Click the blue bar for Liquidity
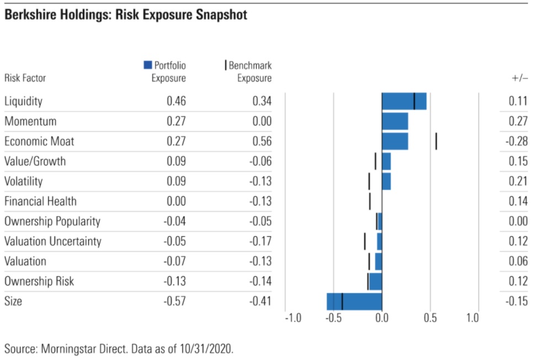[404, 101]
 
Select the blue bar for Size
[354, 301]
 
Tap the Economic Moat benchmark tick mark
[436, 141]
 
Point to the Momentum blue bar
[395, 121]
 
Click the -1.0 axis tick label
[293, 318]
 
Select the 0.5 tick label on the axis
[430, 318]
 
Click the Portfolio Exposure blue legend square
[148, 65]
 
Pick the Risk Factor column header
[25, 78]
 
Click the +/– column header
[520, 78]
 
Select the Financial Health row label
[40, 202]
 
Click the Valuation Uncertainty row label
[53, 241]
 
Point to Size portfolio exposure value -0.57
[175, 301]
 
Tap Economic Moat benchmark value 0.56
[262, 141]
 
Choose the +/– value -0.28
[517, 141]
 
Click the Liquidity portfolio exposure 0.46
[176, 101]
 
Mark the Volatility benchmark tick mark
[369, 182]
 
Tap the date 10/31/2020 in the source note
[206, 349]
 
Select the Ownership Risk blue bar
[376, 282]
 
